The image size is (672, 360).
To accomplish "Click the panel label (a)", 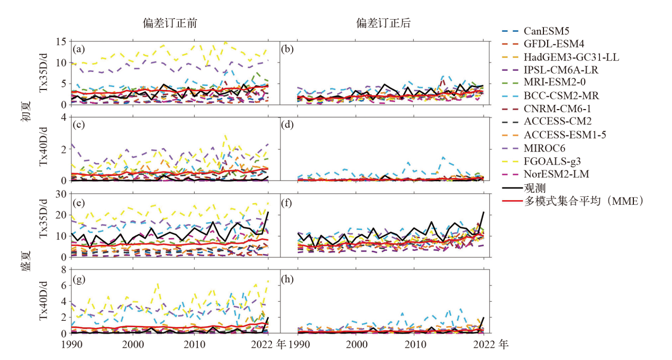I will pyautogui.click(x=79, y=50).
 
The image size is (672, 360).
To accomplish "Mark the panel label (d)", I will pyautogui.click(x=290, y=126).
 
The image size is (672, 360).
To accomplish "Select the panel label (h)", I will pyautogui.click(x=290, y=278).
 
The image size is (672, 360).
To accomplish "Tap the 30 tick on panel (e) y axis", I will pyautogui.click(x=61, y=194).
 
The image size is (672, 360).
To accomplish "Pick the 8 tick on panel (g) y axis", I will pyautogui.click(x=63, y=269).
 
